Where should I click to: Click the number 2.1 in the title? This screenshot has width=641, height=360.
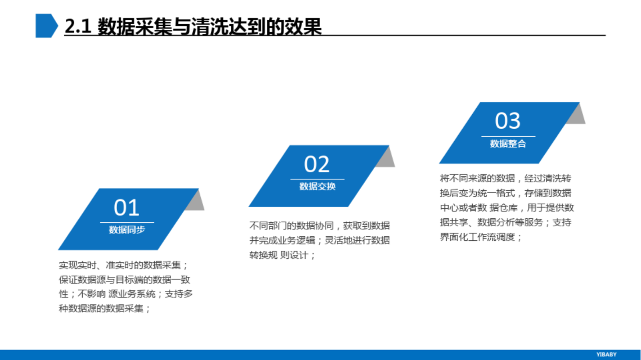pyautogui.click(x=78, y=27)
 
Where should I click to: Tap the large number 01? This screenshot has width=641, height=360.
pyautogui.click(x=127, y=207)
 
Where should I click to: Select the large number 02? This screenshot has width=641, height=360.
pyautogui.click(x=317, y=164)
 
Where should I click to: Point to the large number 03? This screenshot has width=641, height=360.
pyautogui.click(x=508, y=121)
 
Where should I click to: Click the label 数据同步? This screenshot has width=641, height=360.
pyautogui.click(x=127, y=229)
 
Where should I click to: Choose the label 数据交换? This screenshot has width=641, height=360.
pyautogui.click(x=317, y=186)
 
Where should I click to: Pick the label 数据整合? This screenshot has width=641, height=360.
pyautogui.click(x=508, y=143)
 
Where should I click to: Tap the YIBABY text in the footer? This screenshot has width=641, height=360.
pyautogui.click(x=606, y=354)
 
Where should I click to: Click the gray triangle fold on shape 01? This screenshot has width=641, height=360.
pyautogui.click(x=197, y=202)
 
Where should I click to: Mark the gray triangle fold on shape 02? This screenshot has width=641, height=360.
pyautogui.click(x=387, y=159)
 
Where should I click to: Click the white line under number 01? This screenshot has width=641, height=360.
pyautogui.click(x=127, y=222)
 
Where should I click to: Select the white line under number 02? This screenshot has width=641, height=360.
pyautogui.click(x=317, y=179)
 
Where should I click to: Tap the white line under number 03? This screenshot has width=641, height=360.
pyautogui.click(x=508, y=136)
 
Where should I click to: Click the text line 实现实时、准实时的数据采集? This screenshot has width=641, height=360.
pyautogui.click(x=123, y=265)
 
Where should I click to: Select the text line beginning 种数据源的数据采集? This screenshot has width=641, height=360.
pyautogui.click(x=105, y=308)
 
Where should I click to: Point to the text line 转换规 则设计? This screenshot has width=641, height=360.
pyautogui.click(x=282, y=255)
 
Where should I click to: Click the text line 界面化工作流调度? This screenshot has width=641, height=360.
pyautogui.click(x=481, y=237)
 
